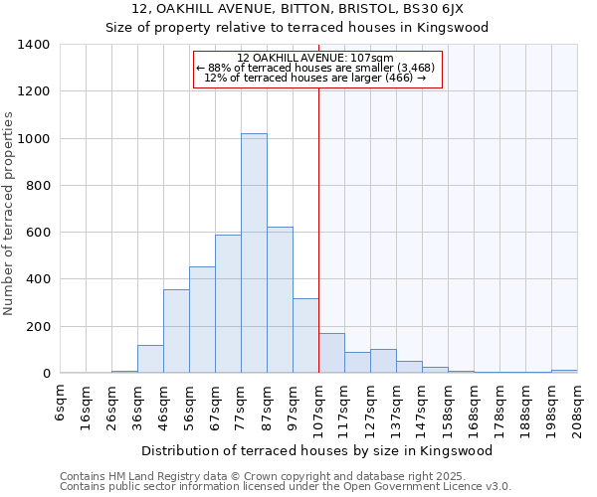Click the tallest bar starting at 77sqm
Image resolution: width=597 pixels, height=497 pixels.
254,253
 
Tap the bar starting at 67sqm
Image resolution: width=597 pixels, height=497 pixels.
228,304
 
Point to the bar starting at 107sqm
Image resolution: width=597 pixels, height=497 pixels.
331,354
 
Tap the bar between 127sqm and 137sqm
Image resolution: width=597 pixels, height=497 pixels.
383,362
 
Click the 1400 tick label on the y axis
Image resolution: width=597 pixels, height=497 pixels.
34,45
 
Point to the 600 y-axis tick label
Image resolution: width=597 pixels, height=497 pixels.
38,233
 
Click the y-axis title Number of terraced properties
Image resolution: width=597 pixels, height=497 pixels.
10,214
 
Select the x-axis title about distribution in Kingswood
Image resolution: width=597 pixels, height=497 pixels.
317,451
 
